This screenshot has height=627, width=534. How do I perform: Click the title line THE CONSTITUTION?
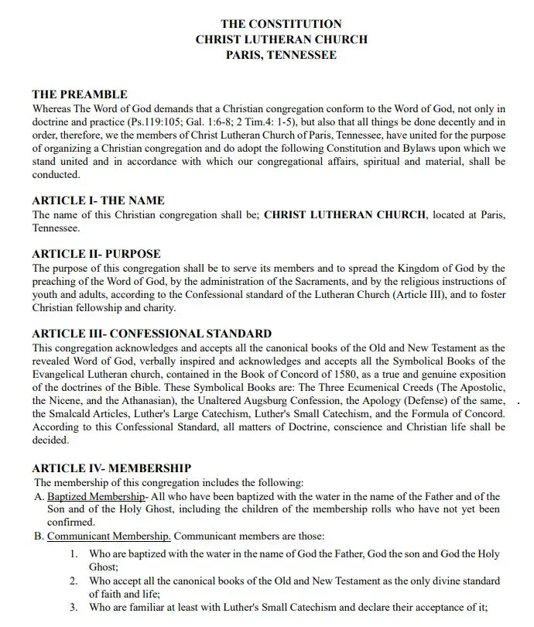pyautogui.click(x=281, y=25)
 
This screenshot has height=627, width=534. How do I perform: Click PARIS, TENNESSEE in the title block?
pyautogui.click(x=281, y=55)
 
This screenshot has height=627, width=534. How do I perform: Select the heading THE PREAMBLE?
pyautogui.click(x=80, y=94)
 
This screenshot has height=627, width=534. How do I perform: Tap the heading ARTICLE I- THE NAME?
pyautogui.click(x=98, y=200)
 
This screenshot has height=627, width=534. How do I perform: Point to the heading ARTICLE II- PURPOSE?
pyautogui.click(x=97, y=254)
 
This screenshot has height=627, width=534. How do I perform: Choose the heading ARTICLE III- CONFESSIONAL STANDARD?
pyautogui.click(x=152, y=334)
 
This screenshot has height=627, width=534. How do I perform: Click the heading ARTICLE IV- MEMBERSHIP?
pyautogui.click(x=111, y=468)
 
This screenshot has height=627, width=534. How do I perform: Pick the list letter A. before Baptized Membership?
pyautogui.click(x=39, y=496)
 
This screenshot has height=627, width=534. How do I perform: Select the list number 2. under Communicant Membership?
pyautogui.click(x=74, y=581)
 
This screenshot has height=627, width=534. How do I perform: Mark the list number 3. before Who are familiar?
pyautogui.click(x=74, y=608)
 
